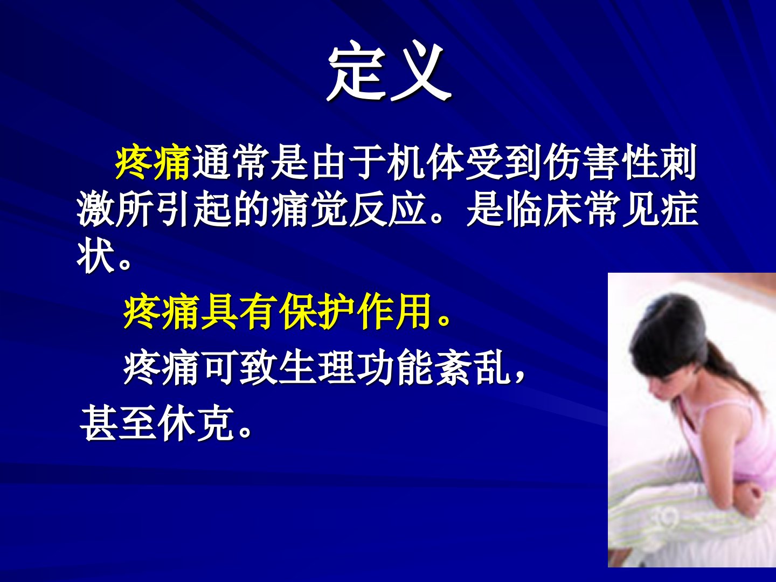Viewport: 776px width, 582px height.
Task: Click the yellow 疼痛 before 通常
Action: [154, 163]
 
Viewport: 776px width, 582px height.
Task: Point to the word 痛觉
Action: [310, 209]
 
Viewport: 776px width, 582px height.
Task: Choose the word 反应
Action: [387, 209]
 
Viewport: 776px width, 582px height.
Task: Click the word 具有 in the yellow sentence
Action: [239, 311]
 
